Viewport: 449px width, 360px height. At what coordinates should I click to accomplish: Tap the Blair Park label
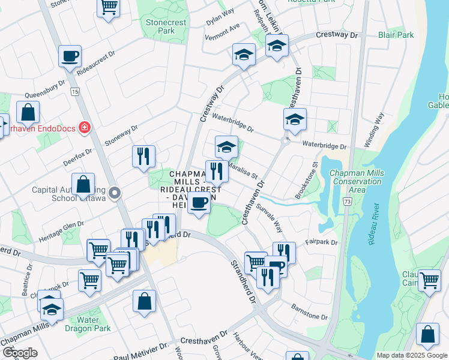click(396, 35)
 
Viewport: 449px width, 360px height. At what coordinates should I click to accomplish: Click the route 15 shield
click(74, 91)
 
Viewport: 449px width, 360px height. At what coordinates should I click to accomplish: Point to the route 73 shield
click(348, 202)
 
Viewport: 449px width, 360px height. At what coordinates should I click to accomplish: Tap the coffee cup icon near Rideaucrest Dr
click(70, 56)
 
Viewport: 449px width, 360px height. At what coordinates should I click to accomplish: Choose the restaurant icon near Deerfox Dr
click(143, 157)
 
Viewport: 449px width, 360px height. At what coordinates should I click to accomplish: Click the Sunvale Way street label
click(270, 217)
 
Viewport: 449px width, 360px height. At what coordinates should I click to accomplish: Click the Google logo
click(20, 353)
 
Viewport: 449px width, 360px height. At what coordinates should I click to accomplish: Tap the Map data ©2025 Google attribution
click(411, 355)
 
